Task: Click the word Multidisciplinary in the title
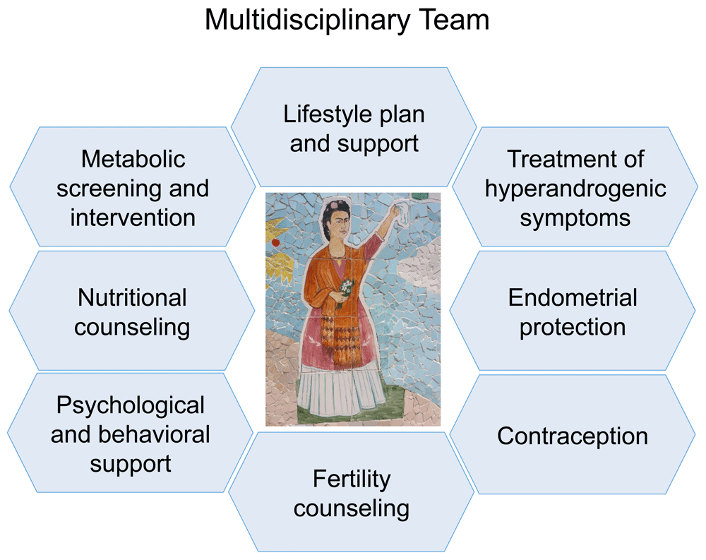click(x=307, y=20)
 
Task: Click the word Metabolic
click(x=133, y=159)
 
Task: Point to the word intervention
click(x=133, y=218)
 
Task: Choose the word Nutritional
click(x=132, y=298)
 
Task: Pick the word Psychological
click(x=130, y=405)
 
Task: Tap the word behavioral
click(x=154, y=434)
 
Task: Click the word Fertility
click(x=352, y=479)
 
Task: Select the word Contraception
click(x=573, y=436)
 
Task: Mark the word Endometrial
click(x=573, y=298)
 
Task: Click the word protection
click(x=573, y=328)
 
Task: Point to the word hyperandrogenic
click(x=575, y=189)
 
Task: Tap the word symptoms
click(x=575, y=219)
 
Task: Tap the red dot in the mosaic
click(x=276, y=243)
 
